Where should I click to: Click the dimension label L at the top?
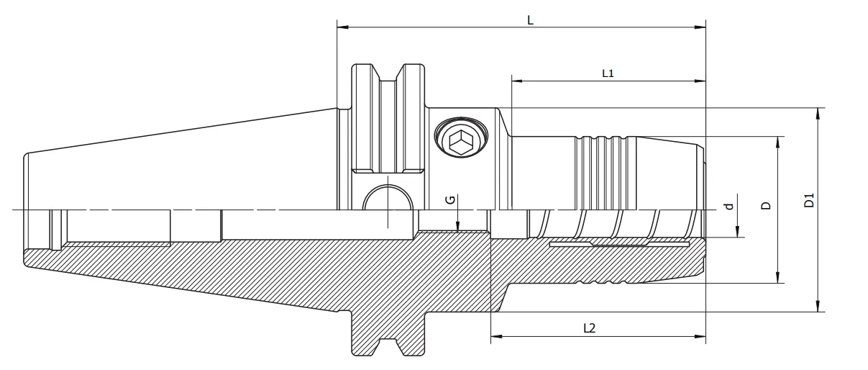[530, 20]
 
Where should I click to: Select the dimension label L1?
[608, 73]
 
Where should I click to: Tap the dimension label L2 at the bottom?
[589, 328]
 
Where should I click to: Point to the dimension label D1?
[809, 201]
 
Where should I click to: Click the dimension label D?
[766, 205]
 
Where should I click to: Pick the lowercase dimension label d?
[728, 207]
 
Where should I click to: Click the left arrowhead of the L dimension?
[342, 27]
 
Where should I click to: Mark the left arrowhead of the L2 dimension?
[495, 336]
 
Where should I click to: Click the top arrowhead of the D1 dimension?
[818, 113]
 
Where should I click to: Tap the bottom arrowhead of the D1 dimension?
[818, 307]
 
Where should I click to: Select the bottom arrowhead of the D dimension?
[777, 278]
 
